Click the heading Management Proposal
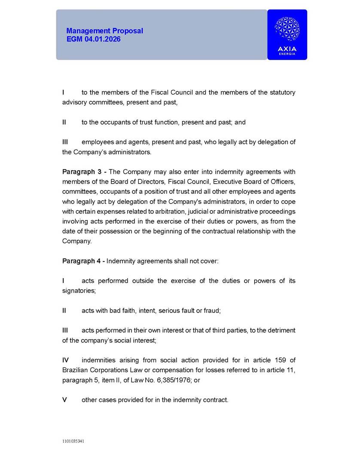coord(104,31)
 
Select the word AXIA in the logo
coord(287,49)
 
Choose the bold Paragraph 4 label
coord(84,261)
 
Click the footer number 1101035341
coord(73,441)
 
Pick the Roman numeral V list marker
coord(64,400)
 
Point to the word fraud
coord(211,310)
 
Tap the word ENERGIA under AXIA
coord(287,54)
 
